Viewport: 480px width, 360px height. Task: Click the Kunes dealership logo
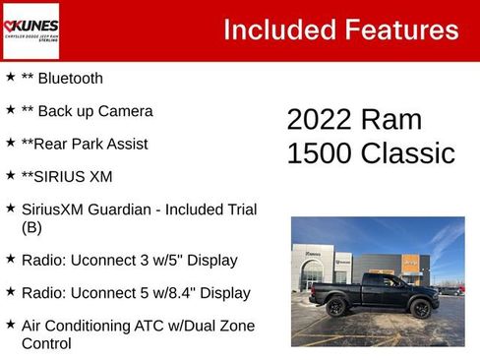(x=30, y=30)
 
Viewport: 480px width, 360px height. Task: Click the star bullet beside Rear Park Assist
(x=11, y=142)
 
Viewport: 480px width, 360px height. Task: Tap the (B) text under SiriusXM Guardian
(x=32, y=227)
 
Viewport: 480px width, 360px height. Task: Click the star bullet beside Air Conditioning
(x=11, y=325)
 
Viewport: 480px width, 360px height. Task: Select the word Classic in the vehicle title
(x=409, y=153)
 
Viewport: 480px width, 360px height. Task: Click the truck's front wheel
(x=422, y=309)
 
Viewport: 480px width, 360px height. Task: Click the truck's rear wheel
(x=335, y=308)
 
